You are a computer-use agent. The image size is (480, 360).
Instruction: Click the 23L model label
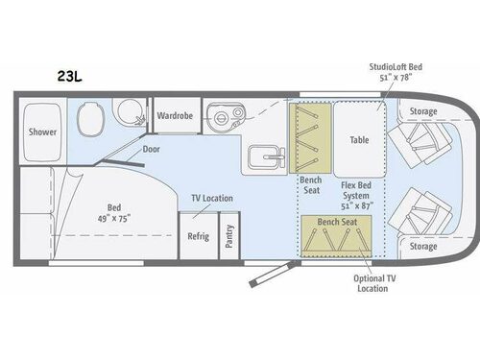(70, 73)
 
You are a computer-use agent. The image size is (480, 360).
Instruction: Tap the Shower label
(41, 132)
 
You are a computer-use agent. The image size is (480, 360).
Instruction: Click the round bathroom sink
(126, 111)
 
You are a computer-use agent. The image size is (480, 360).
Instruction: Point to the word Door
(151, 149)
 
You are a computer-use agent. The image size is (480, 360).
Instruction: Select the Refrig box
(198, 236)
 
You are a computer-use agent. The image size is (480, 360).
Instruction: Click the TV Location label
(212, 198)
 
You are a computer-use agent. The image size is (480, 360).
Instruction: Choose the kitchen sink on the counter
(262, 156)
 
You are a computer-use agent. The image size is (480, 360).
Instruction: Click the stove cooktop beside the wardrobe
(224, 119)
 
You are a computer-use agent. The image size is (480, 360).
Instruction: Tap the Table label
(359, 138)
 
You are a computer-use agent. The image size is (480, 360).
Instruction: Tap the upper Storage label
(422, 111)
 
